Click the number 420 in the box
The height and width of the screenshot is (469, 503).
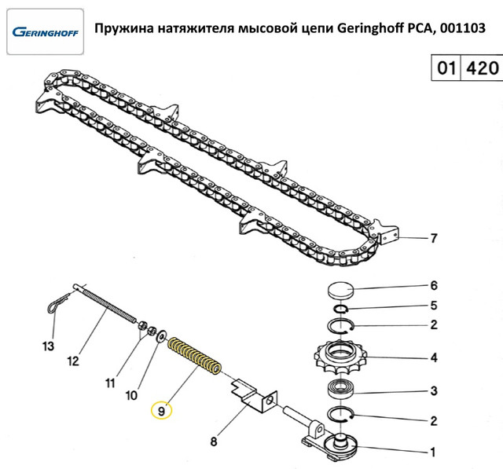(482, 68)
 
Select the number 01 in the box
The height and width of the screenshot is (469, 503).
(446, 68)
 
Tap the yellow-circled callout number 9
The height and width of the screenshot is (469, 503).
(160, 409)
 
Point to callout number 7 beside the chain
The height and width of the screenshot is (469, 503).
(431, 238)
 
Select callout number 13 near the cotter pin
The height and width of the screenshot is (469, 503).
(49, 346)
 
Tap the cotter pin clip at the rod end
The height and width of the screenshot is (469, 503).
(55, 305)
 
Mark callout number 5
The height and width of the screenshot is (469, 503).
(433, 306)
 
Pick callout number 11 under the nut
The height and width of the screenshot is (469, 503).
(111, 383)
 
